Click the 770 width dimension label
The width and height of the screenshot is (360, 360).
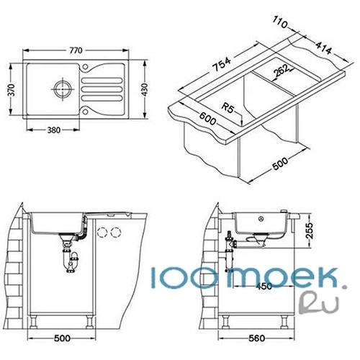tap(76, 50)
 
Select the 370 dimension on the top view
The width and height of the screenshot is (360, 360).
tap(12, 90)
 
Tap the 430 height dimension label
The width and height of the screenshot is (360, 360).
tap(145, 89)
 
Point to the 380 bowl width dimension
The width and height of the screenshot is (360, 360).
tap(54, 130)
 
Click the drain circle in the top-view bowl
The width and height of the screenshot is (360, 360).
tap(63, 89)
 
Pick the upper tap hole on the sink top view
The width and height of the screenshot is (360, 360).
tap(85, 67)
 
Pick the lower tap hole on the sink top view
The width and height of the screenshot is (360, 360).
tap(85, 112)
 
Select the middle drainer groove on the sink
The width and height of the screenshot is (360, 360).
tap(102, 89)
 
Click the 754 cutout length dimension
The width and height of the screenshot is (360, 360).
tap(222, 64)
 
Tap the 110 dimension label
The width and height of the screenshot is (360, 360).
tap(280, 23)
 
